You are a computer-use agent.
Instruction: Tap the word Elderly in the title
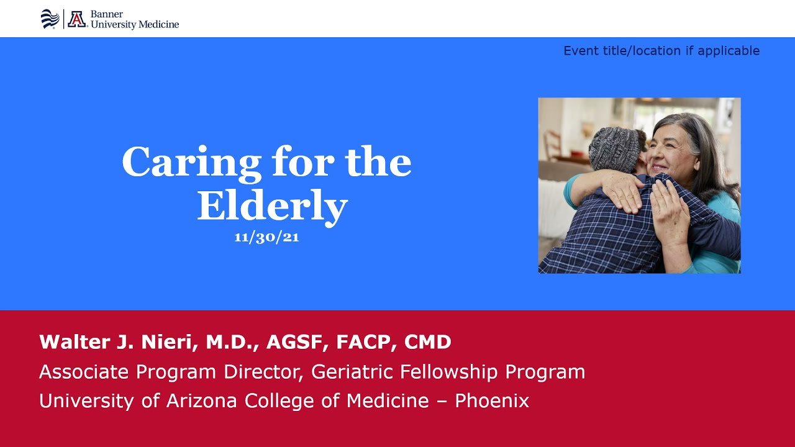point(272,207)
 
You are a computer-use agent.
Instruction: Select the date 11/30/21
point(266,238)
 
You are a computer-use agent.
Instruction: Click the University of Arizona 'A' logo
point(77,19)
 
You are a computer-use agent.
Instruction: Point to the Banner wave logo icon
point(50,19)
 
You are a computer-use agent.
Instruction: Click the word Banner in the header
point(107,14)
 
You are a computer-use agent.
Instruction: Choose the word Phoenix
point(492,401)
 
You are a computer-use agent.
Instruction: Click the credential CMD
point(427,341)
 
